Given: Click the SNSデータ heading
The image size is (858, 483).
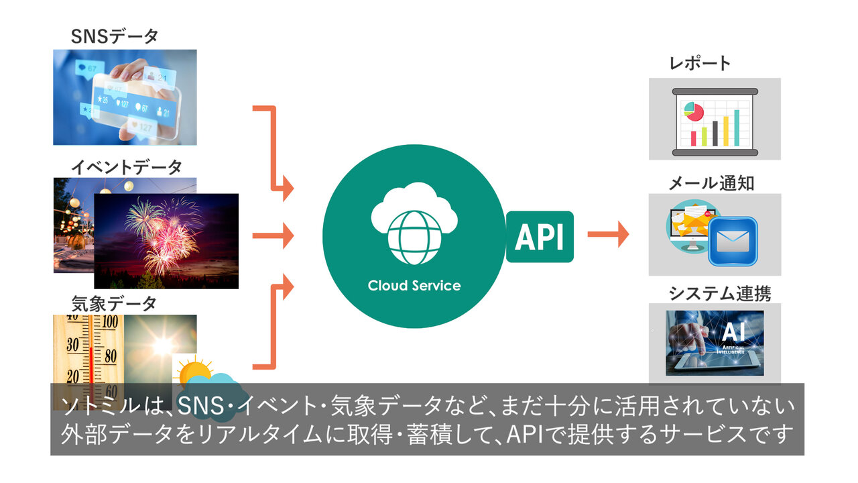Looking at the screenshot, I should pos(115,36).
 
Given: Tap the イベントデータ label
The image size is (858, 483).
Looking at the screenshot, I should pos(127,166).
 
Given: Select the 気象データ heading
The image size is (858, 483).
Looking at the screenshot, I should pos(114,303).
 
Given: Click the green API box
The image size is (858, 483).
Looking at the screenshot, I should pos(540,236).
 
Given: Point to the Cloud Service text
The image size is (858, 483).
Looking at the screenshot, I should pos(414,285).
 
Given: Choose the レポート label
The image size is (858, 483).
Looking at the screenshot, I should pos(700,64).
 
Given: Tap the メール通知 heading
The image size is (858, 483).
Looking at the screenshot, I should pos(711,182).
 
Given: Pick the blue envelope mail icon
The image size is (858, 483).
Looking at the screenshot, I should pos(733,239).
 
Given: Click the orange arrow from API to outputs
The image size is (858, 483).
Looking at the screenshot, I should pos(608,234).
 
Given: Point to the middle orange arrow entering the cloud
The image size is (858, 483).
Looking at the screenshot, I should pos(273,235).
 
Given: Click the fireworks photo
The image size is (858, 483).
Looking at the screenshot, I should pos(166,240).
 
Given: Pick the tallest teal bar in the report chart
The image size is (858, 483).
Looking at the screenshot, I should pos(737,128).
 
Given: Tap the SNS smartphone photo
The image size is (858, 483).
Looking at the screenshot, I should pos(125,97).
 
